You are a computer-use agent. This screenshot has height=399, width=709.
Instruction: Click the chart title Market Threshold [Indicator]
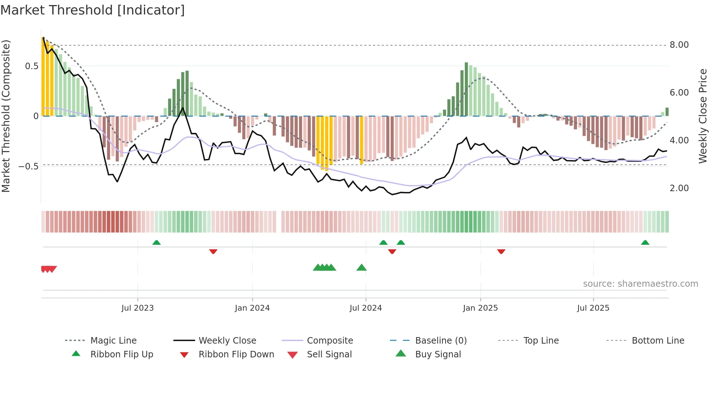(93, 10)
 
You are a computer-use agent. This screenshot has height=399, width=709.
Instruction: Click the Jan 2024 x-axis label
(252, 308)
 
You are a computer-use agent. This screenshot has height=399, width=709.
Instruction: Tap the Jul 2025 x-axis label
(593, 308)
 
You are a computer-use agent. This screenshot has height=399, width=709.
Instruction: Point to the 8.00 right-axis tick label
(679, 45)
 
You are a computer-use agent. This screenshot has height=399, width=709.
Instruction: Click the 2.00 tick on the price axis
(679, 188)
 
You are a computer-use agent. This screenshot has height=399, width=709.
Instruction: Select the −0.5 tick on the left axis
(29, 167)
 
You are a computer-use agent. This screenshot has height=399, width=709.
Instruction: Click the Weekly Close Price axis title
(702, 116)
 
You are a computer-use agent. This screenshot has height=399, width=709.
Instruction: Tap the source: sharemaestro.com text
(640, 284)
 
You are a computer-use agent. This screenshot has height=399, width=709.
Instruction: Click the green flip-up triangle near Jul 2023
(156, 243)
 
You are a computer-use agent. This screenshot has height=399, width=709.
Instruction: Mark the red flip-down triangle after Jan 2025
(501, 251)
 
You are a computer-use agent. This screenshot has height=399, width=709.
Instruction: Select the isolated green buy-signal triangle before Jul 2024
(361, 268)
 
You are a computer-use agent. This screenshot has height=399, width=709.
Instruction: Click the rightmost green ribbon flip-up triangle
(645, 243)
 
